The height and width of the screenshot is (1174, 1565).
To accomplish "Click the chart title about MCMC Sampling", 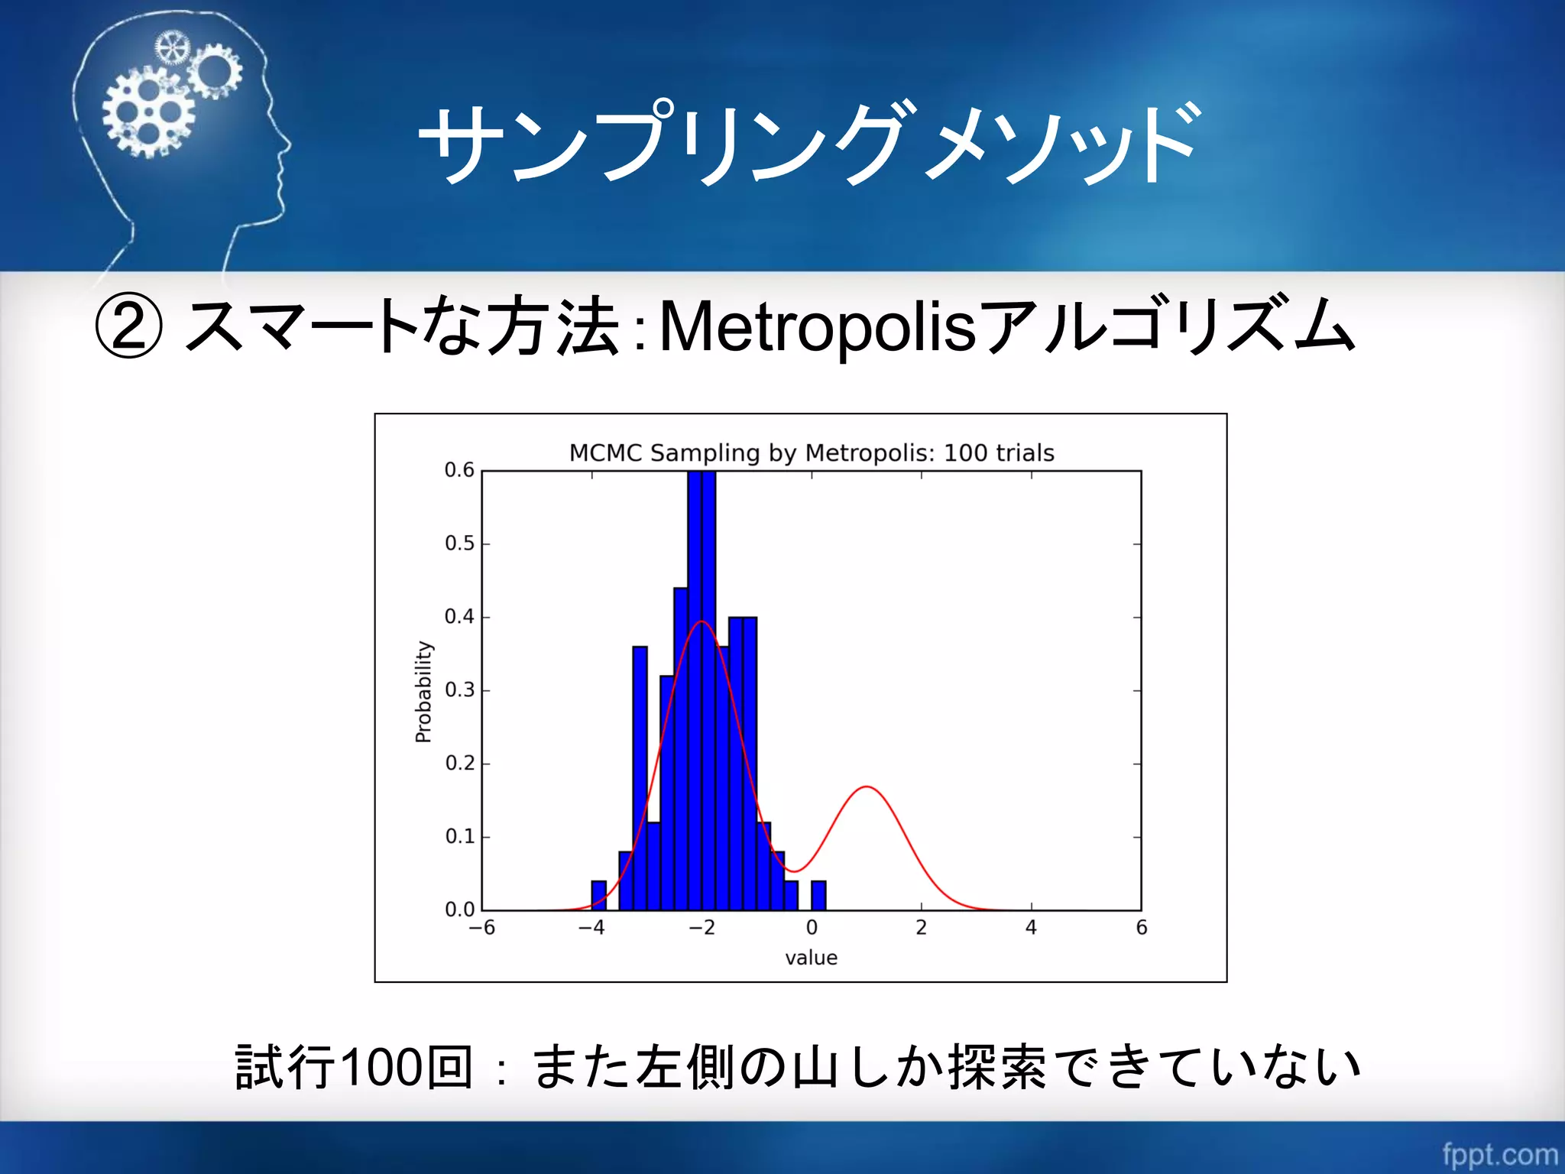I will [812, 452].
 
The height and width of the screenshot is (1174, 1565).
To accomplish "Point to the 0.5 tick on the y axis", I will [459, 543].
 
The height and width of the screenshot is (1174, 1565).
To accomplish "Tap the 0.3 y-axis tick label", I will [459, 690].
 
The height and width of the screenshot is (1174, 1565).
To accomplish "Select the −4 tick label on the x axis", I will [591, 928].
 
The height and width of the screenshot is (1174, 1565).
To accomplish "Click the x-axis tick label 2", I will [921, 928].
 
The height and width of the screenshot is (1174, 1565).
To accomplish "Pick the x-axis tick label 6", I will [1141, 928].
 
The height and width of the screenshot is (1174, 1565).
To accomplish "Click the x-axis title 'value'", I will [811, 958].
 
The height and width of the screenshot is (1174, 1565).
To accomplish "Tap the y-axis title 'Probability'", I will [423, 691].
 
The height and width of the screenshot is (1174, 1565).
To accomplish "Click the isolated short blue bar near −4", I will [599, 895].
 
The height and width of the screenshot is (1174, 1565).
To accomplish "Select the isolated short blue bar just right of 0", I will [818, 895].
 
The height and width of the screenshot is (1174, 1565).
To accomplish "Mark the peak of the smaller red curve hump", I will [867, 787].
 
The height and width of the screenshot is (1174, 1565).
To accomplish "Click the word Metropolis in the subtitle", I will [817, 327].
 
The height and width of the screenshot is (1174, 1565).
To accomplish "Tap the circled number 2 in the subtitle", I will [128, 327].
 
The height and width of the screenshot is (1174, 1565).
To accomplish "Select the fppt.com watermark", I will [1499, 1153].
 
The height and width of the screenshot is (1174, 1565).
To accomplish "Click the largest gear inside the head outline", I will [148, 112].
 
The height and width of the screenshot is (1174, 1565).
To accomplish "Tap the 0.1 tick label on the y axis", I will [459, 837].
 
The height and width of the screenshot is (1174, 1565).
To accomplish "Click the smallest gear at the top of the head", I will [171, 48].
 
